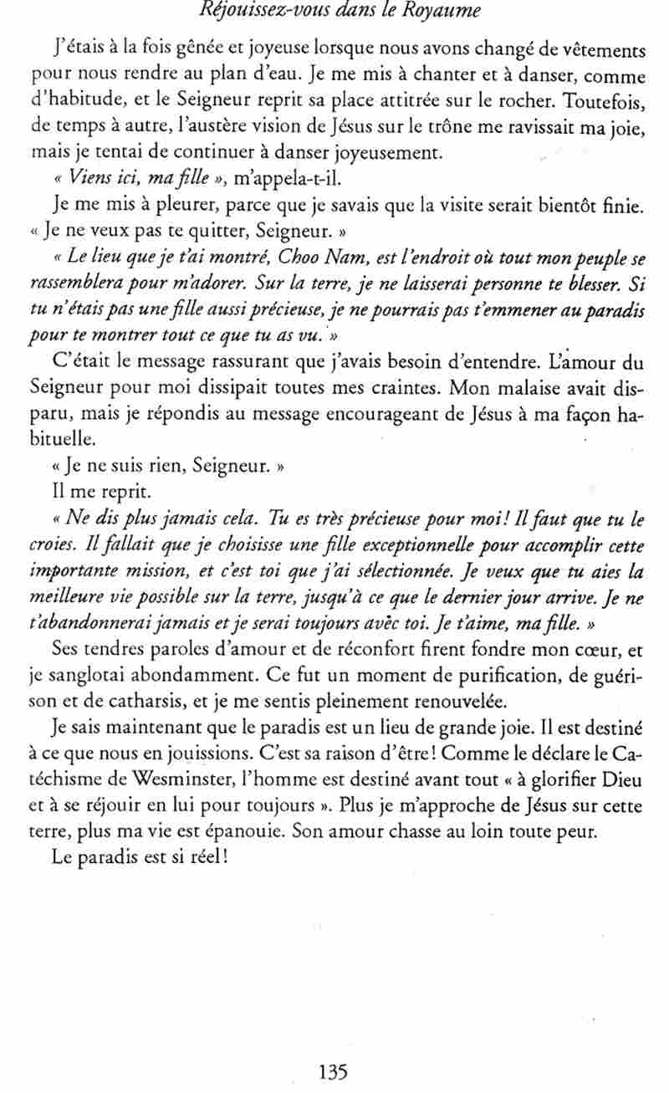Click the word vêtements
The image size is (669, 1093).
tap(599, 51)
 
